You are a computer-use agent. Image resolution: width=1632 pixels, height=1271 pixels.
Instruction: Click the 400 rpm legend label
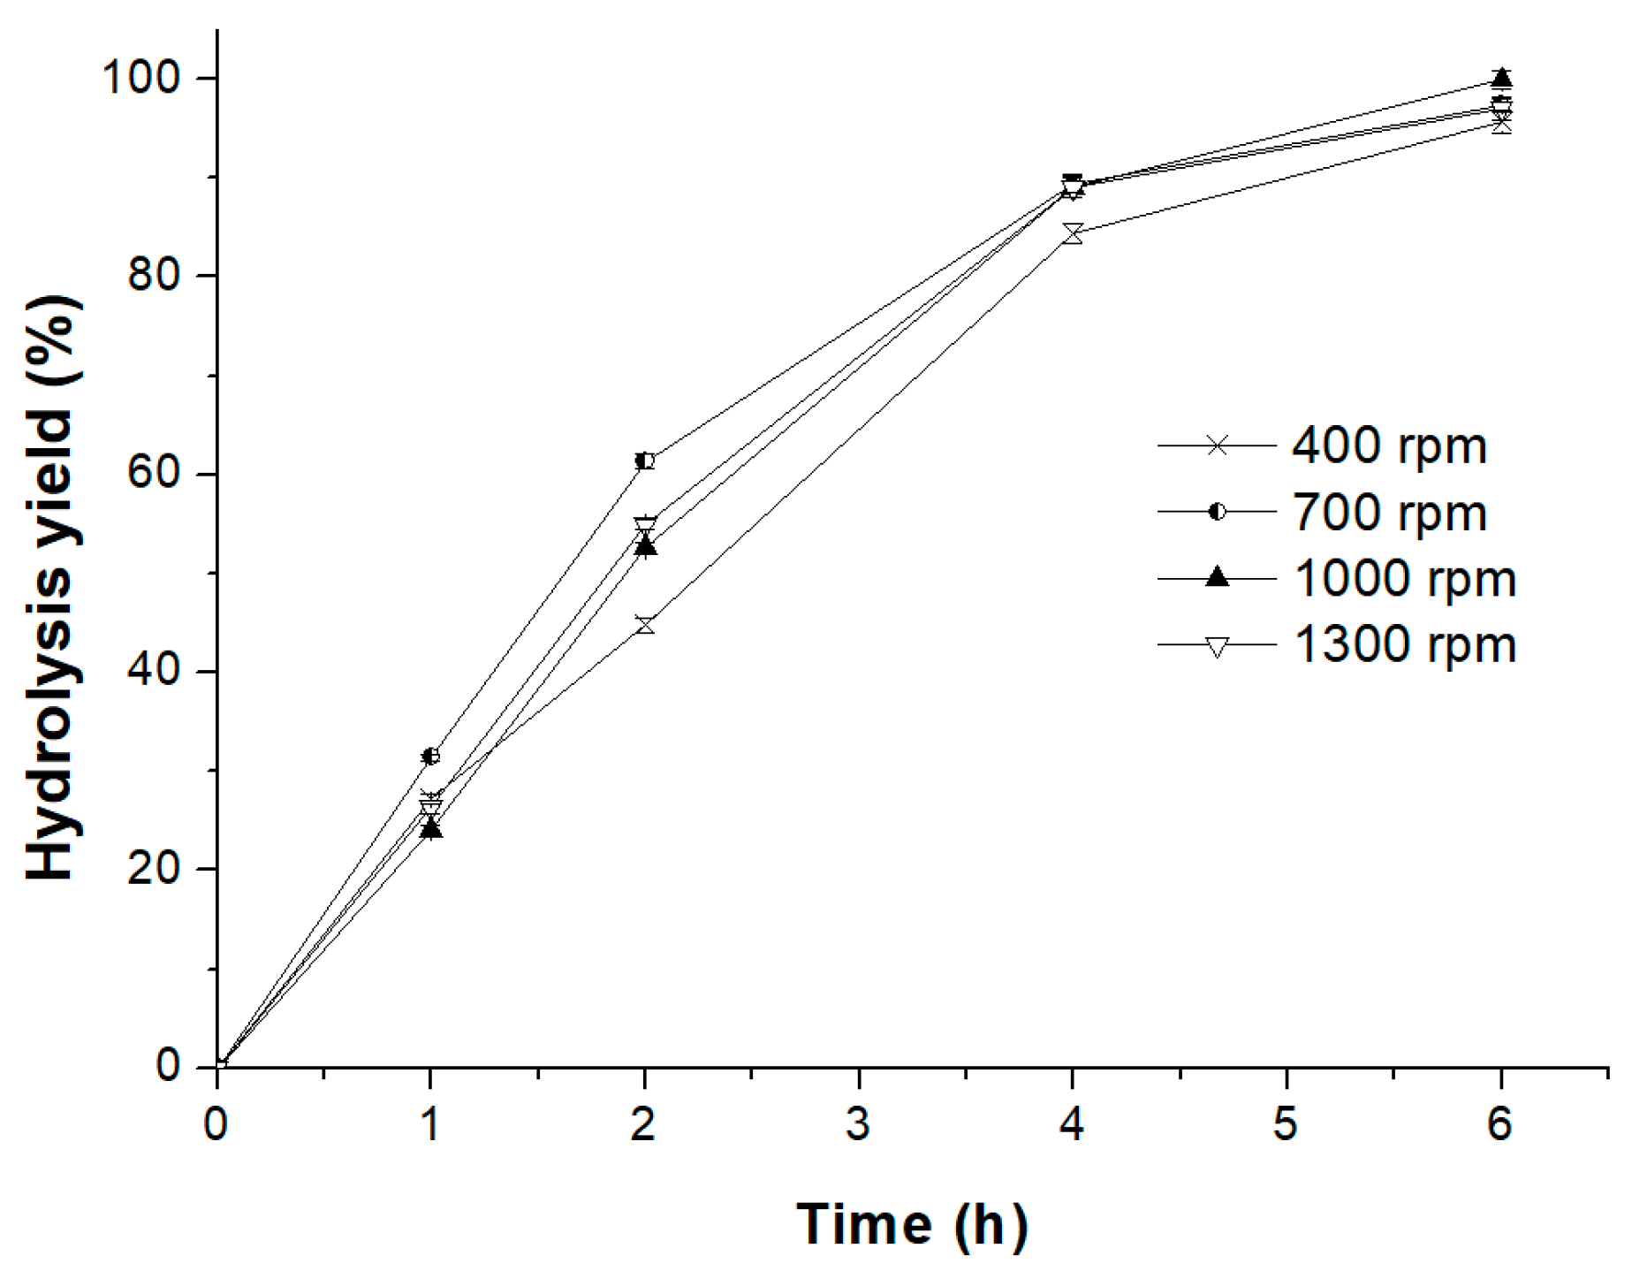coord(1388,446)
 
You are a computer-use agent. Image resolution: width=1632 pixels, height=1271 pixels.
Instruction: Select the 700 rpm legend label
coord(1388,513)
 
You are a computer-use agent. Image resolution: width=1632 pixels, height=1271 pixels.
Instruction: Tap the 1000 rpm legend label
coord(1404,579)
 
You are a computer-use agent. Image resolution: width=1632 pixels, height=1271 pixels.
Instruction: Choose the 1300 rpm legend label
coord(1404,645)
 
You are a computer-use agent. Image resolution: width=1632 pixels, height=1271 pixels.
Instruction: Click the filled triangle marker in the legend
coord(1217,577)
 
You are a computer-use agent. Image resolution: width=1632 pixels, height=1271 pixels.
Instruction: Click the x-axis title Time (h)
coord(912,1225)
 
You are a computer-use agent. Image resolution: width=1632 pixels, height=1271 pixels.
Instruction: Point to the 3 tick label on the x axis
coord(858,1124)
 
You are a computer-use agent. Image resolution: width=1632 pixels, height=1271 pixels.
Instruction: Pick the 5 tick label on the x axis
coord(1286,1124)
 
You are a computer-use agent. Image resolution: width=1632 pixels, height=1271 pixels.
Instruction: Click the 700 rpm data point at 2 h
coord(645,460)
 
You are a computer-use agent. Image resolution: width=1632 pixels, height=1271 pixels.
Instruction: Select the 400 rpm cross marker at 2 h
coord(645,626)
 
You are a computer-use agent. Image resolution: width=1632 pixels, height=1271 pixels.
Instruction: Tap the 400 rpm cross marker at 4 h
coord(1073,233)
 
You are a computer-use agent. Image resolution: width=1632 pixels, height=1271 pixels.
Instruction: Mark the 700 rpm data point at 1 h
coord(430,756)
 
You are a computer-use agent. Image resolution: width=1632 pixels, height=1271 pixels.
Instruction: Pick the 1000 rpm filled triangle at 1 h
coord(430,828)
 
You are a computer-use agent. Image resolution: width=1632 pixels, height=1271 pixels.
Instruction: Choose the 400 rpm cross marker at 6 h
coord(1501,125)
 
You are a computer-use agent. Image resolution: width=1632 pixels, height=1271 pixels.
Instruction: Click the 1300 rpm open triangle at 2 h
coord(645,527)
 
